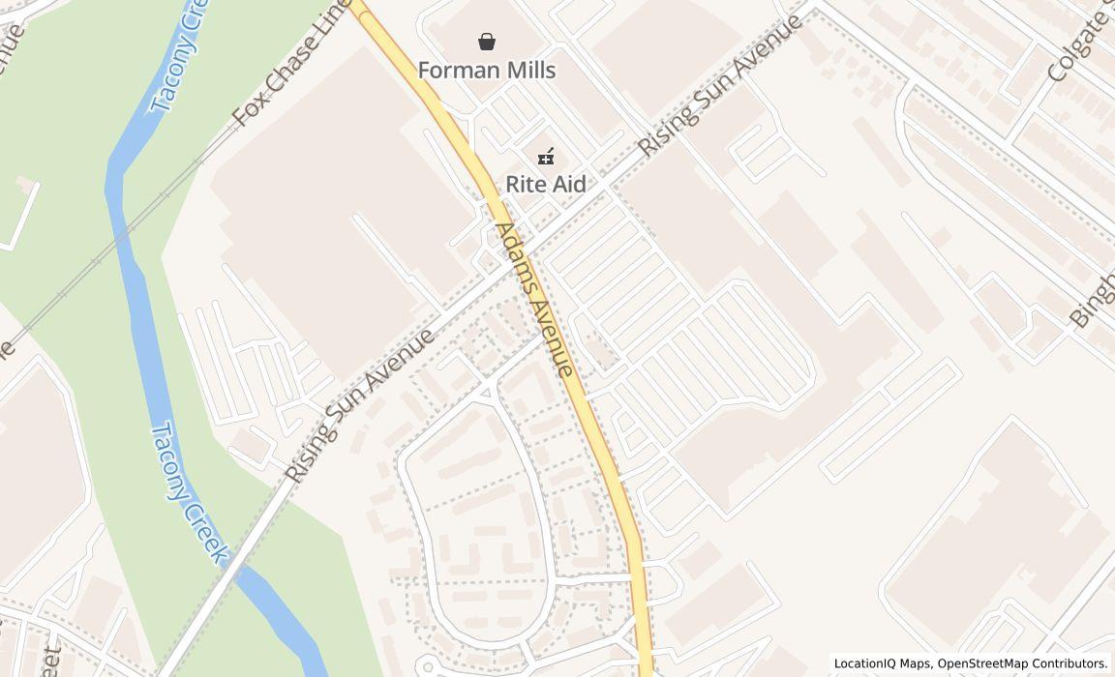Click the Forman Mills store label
point(487,70)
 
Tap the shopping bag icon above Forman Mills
point(487,42)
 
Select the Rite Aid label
point(546,184)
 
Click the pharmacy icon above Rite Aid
point(546,155)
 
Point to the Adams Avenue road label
point(534,299)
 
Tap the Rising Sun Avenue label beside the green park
point(360,406)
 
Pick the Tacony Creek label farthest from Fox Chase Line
point(191,492)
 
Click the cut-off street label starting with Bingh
point(1092,296)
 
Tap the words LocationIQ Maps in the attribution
point(883,663)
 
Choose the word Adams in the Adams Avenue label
point(515,259)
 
